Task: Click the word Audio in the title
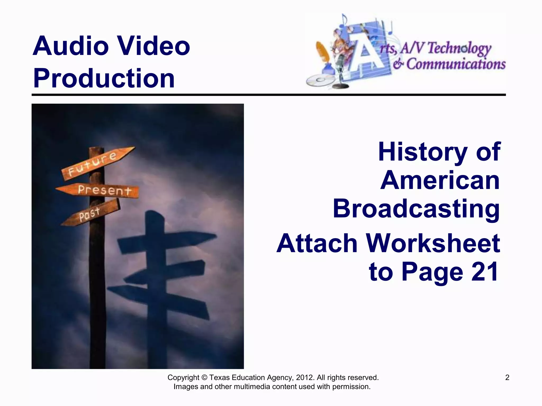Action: coord(70,46)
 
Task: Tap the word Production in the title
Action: coord(104,78)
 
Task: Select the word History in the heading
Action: coord(422,152)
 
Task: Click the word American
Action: coord(440,181)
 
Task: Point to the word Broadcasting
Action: coord(416,209)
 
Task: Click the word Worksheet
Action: coord(433,243)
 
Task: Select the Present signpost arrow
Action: coord(101,190)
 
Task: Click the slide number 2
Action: coord(507,377)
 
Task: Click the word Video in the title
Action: coord(153,46)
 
